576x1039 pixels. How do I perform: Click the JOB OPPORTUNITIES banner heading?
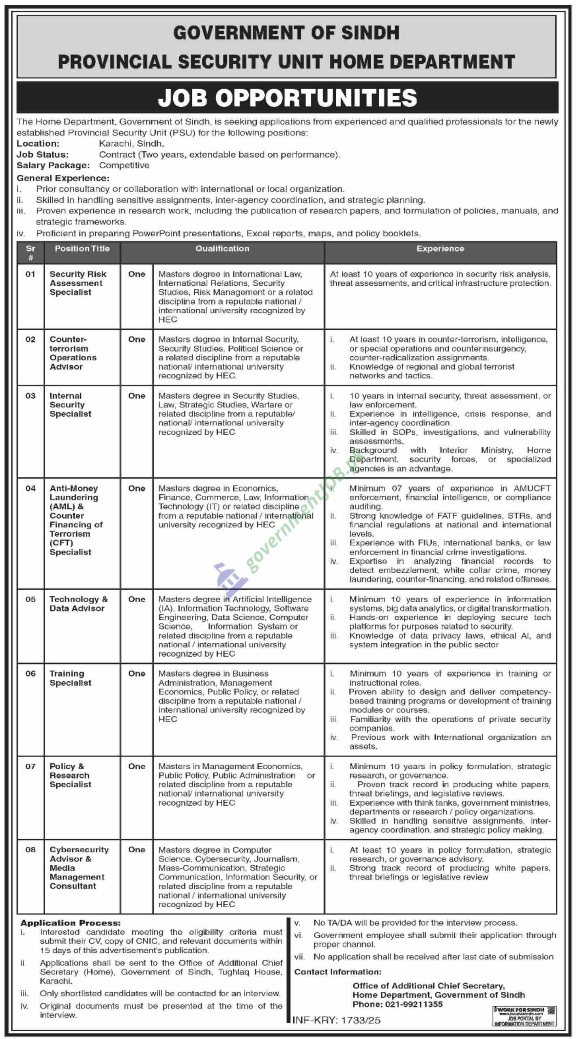pos(287,98)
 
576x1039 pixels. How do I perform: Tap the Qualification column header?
pos(222,249)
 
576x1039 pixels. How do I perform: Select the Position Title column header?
pos(82,249)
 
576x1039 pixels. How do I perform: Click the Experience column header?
pos(440,249)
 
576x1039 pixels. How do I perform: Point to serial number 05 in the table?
pos(30,599)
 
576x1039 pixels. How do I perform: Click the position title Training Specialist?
pos(70,678)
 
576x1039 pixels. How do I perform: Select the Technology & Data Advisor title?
pos(79,604)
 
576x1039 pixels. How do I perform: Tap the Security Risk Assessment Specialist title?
pos(77,283)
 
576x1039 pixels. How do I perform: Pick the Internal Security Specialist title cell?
pos(70,405)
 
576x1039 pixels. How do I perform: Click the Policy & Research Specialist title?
pos(70,775)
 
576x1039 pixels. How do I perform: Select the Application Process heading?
pos(71,923)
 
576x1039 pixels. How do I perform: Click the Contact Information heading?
pos(338,972)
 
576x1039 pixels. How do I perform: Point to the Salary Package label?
pos(53,166)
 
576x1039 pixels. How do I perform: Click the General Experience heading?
pos(63,178)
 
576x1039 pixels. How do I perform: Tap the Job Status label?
pos(43,155)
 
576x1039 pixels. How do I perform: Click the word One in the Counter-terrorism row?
pos(137,340)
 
